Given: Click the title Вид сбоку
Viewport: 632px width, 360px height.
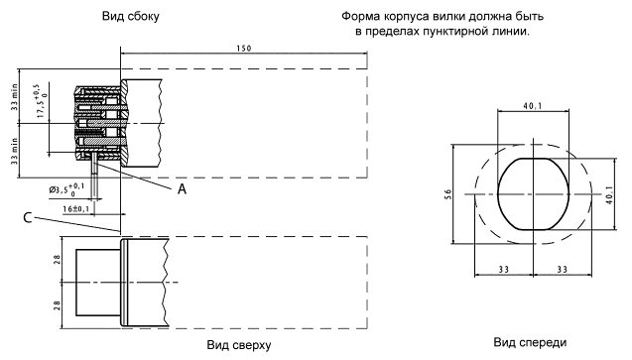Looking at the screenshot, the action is click(131, 17).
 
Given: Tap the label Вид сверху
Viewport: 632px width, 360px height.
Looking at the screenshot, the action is click(239, 345).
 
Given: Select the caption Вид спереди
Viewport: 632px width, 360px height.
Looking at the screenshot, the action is click(530, 343).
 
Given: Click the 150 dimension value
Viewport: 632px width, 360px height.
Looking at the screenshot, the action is click(244, 49).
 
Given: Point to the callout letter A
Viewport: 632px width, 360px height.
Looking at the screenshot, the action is click(183, 188).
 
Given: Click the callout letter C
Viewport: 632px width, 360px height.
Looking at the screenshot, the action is click(28, 218).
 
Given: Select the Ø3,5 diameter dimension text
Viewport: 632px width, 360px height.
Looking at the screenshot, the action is click(66, 189).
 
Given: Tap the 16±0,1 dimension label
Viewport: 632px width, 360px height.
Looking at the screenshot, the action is click(76, 209).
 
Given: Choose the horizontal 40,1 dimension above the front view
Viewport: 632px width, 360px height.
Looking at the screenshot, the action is click(533, 106).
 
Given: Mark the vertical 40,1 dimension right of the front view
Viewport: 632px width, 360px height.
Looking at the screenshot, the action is click(610, 194).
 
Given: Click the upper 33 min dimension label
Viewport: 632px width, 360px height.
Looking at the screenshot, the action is click(15, 97).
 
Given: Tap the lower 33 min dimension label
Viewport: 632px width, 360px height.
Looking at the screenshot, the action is click(15, 151).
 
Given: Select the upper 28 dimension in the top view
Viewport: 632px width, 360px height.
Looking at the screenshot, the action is click(58, 259).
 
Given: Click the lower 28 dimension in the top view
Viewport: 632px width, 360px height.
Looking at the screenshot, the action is click(58, 305).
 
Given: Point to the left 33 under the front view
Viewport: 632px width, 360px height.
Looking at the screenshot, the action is click(503, 270).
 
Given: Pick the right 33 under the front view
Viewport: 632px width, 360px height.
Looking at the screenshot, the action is click(563, 270).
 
